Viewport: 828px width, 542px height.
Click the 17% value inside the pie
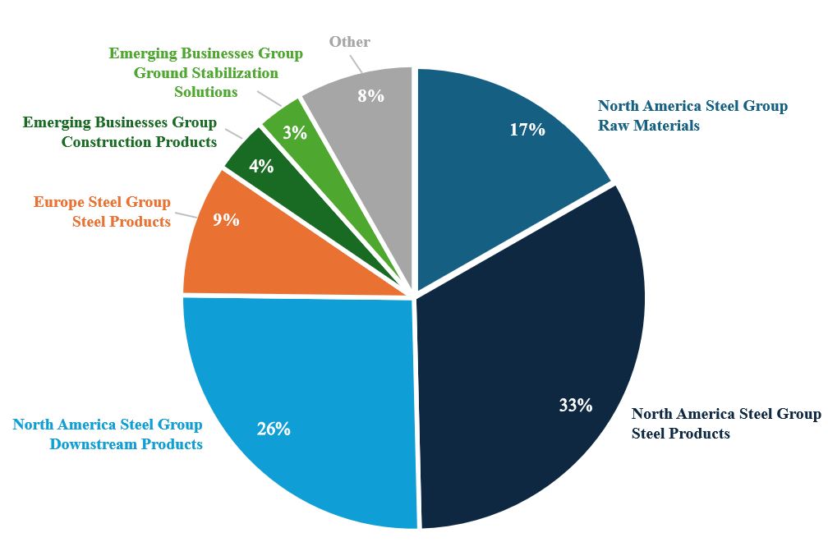527,130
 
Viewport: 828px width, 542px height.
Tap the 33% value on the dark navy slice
575,405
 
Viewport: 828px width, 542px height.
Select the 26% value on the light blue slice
273,429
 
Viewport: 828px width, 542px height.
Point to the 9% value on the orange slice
226,219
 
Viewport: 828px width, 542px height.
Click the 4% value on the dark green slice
261,166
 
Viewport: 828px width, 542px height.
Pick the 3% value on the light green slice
294,131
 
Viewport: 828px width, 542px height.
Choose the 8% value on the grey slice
370,96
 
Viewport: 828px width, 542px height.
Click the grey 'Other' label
350,41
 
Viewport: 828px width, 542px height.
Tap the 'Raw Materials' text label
649,126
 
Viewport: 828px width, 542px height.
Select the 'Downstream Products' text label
126,444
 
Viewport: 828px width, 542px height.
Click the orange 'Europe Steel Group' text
102,202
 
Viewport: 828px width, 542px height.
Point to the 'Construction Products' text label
139,142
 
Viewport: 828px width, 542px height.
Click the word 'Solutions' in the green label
206,92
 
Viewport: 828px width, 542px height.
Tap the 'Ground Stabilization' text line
206,72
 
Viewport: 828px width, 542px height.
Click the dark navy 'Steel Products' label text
680,433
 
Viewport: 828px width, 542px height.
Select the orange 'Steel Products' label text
122,222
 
